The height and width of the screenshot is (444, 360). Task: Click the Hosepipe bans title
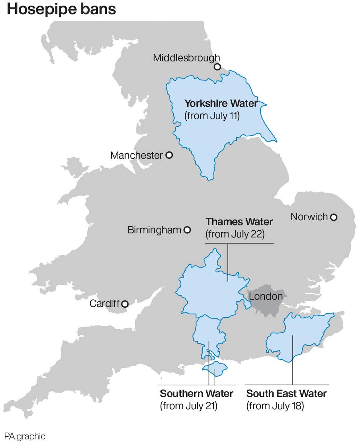click(61, 9)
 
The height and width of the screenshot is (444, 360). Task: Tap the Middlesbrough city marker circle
click(217, 67)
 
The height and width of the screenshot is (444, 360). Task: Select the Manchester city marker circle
click(169, 155)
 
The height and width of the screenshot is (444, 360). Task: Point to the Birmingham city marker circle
click(187, 230)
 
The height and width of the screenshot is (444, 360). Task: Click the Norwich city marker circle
click(333, 217)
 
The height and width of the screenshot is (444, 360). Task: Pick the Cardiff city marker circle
click(125, 304)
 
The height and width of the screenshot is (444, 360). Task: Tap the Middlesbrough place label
click(186, 58)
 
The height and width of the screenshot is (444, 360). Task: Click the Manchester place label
click(136, 155)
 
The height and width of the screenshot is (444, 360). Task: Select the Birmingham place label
click(154, 230)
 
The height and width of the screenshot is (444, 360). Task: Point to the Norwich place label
click(309, 217)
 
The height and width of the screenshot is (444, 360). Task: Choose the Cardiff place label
click(104, 304)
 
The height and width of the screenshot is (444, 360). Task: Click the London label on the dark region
click(266, 296)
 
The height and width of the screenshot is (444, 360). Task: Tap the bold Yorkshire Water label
click(221, 103)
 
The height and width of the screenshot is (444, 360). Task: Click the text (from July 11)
click(212, 116)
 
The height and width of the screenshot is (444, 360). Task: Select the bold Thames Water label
click(239, 222)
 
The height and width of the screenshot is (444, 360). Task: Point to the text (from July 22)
click(235, 234)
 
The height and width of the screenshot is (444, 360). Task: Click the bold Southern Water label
click(196, 393)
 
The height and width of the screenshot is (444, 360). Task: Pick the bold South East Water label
click(286, 393)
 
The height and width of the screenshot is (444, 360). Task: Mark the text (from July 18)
click(275, 405)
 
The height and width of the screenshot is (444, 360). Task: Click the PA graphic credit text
click(25, 436)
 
